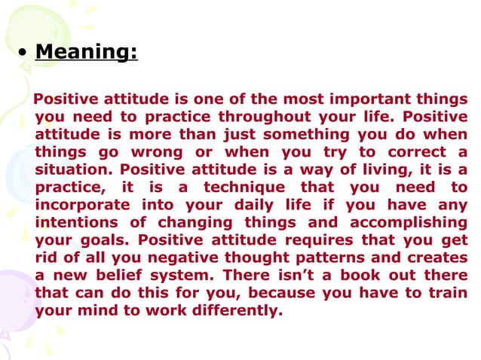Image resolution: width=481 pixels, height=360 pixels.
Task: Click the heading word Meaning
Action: pyautogui.click(x=86, y=53)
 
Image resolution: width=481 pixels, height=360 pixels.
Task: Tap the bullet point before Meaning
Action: pyautogui.click(x=23, y=55)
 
